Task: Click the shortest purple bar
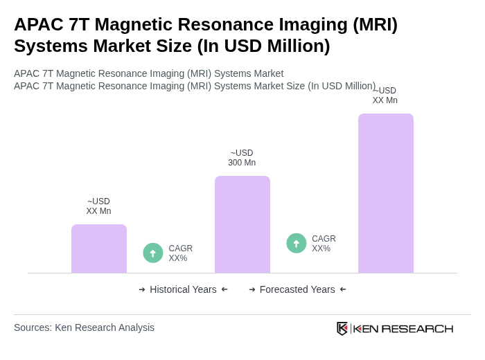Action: tap(99, 249)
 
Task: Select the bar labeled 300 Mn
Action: tap(242, 224)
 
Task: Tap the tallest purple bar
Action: tap(386, 193)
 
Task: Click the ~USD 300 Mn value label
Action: tap(242, 158)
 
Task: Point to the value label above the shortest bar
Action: tap(98, 206)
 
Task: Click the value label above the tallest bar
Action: tap(385, 96)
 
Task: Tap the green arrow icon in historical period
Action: tap(153, 253)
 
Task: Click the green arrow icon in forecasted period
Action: tap(297, 244)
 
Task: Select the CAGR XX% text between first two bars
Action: tap(180, 253)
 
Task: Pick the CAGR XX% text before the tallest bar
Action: tap(324, 244)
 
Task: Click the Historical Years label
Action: tap(183, 289)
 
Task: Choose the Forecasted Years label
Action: tap(297, 289)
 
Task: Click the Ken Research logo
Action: tap(395, 328)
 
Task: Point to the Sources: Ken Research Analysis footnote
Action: tap(84, 327)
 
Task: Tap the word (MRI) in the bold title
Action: tap(375, 24)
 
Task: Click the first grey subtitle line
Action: tap(148, 73)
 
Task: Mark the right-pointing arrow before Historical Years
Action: tap(142, 289)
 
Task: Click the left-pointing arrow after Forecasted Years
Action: tap(343, 289)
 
